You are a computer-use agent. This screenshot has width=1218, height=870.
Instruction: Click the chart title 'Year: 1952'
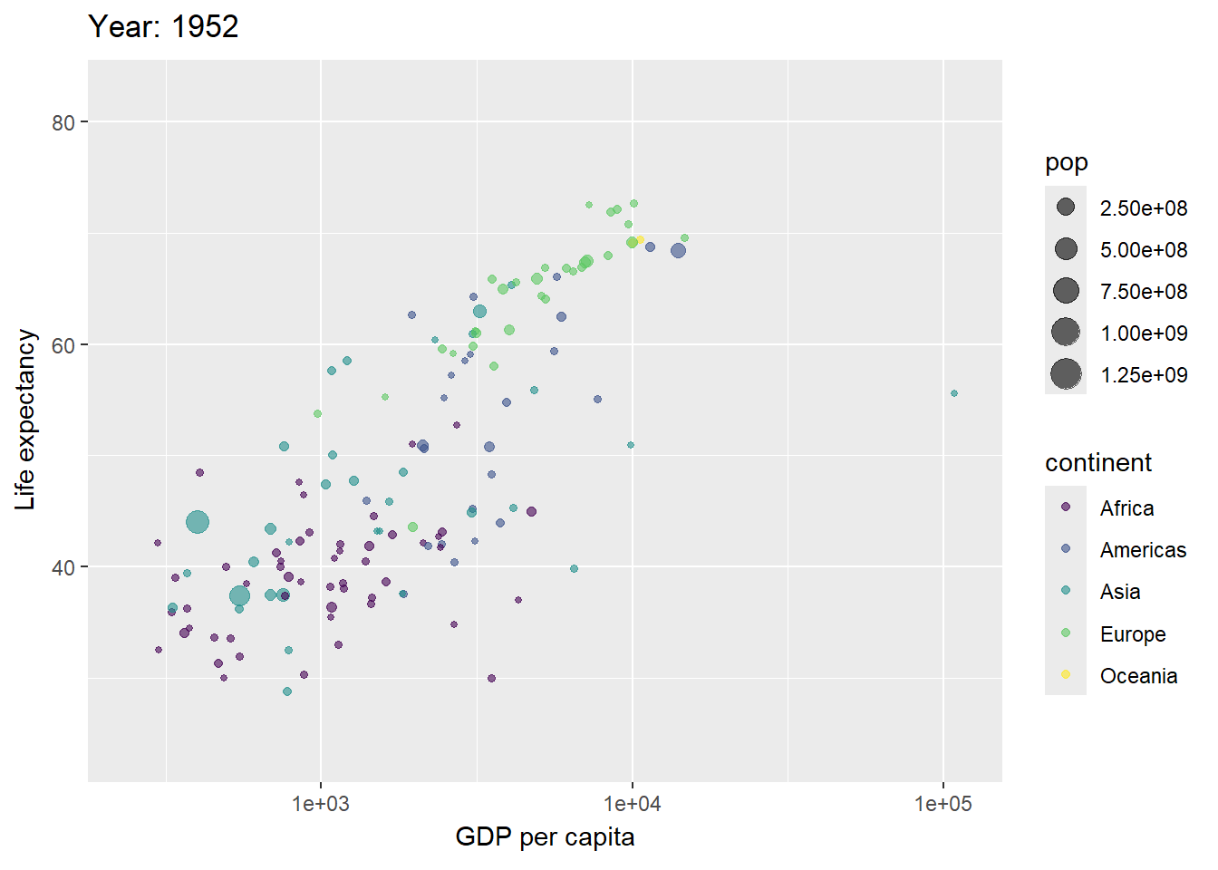pyautogui.click(x=163, y=27)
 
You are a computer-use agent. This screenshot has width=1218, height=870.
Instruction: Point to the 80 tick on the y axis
pyautogui.click(x=63, y=122)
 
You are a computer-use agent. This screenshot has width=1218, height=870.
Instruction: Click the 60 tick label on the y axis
pyautogui.click(x=63, y=345)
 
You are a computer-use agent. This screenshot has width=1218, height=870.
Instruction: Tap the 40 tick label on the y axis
pyautogui.click(x=63, y=568)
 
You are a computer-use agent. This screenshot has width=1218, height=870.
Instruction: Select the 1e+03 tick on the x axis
pyautogui.click(x=320, y=804)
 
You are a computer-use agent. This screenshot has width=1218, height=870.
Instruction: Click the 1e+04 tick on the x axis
pyautogui.click(x=632, y=804)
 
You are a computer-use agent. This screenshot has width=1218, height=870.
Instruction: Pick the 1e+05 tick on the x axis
pyautogui.click(x=942, y=804)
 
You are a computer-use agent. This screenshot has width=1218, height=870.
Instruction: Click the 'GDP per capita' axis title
pyautogui.click(x=545, y=836)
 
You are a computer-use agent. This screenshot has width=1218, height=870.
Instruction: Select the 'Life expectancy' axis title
pyautogui.click(x=25, y=420)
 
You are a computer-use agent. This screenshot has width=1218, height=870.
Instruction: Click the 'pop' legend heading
pyautogui.click(x=1066, y=163)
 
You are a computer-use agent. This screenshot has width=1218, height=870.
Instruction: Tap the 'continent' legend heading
pyautogui.click(x=1097, y=463)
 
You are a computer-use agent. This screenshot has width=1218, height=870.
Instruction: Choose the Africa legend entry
pyautogui.click(x=1126, y=508)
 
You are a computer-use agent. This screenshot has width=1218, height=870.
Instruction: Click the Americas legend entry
pyautogui.click(x=1142, y=550)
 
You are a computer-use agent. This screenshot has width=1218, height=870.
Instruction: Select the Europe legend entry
pyautogui.click(x=1132, y=634)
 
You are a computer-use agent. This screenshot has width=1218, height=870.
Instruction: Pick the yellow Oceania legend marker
pyautogui.click(x=1066, y=674)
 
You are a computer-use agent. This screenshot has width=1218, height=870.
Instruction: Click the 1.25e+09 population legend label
pyautogui.click(x=1143, y=375)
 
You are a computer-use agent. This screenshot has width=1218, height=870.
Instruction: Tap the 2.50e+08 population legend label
pyautogui.click(x=1143, y=208)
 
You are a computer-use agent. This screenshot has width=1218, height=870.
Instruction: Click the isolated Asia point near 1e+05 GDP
pyautogui.click(x=954, y=393)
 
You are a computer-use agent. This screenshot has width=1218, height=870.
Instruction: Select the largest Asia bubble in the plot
pyautogui.click(x=198, y=522)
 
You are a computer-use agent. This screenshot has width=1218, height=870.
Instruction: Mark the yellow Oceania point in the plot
pyautogui.click(x=640, y=240)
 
